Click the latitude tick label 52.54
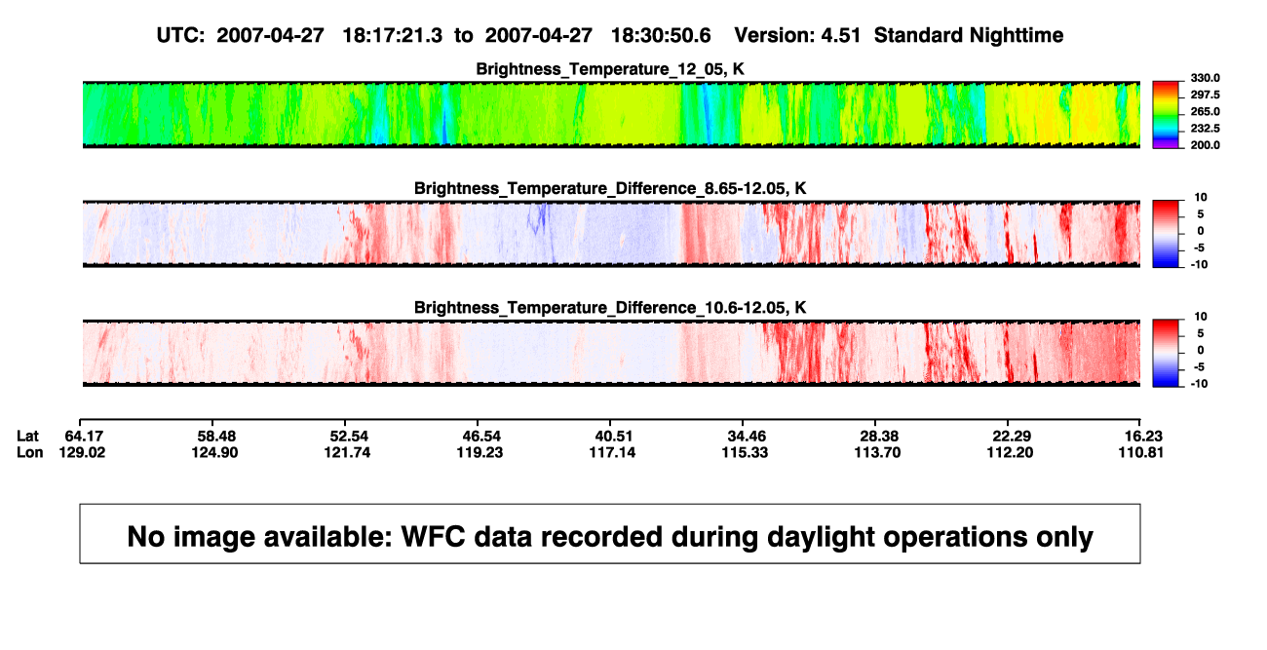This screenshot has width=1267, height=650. point(349,437)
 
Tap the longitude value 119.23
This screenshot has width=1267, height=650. point(480,452)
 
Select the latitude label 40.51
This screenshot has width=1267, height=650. point(614,437)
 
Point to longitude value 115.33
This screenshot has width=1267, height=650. point(745,452)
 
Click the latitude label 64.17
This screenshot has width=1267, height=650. point(84,437)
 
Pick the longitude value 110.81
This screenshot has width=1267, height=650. point(1141,452)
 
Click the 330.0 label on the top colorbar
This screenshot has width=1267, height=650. point(1205,78)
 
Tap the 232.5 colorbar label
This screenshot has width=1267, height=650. point(1205,129)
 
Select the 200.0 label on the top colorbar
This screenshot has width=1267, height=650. point(1205,145)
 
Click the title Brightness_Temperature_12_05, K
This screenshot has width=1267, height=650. point(610,69)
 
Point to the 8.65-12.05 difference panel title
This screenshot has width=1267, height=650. point(610,188)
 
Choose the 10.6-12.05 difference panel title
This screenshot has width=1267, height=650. point(610,308)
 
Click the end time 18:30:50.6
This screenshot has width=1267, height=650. point(661,36)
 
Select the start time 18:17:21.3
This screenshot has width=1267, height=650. point(393,36)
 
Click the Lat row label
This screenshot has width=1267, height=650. point(27,437)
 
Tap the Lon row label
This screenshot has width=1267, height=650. point(29,452)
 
